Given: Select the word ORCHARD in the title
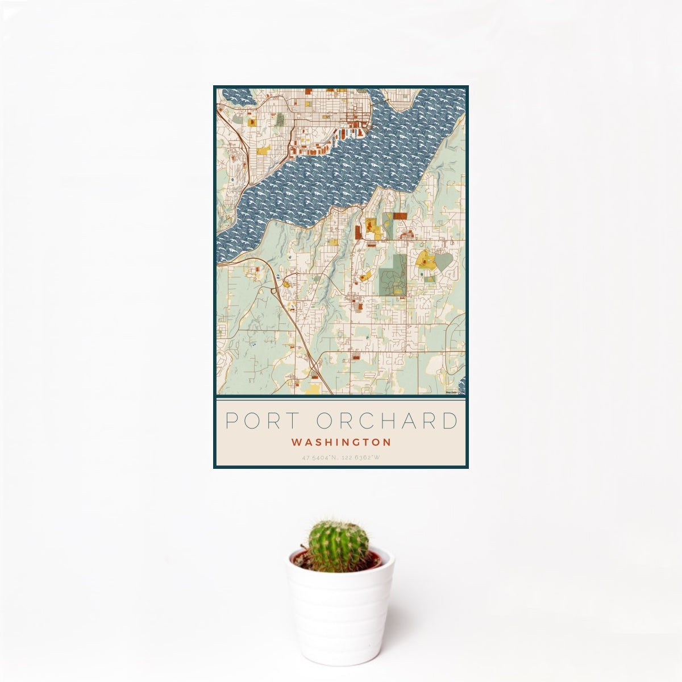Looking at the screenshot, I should click(x=387, y=421).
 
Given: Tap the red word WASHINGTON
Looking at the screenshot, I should click(x=341, y=442).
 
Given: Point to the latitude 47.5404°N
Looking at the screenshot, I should click(x=321, y=457).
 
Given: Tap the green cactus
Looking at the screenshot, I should click(x=338, y=546).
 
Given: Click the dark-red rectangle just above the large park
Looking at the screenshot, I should click(x=400, y=216).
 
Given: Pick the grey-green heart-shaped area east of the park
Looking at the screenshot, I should click(x=443, y=262).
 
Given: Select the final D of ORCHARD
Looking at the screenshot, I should click(x=450, y=421).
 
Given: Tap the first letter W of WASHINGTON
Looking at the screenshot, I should click(x=296, y=442).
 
